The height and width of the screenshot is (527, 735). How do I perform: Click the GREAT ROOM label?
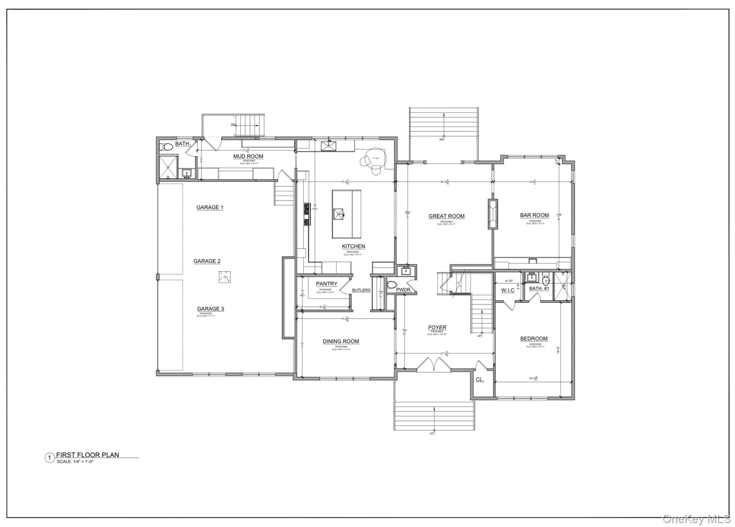(446, 216)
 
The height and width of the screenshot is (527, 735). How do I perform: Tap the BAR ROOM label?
(534, 215)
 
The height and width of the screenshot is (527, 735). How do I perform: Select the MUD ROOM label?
(248, 157)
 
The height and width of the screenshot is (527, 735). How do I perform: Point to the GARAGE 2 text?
(207, 261)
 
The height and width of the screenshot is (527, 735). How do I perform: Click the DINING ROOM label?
(341, 341)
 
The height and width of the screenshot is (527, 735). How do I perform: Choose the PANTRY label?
(326, 284)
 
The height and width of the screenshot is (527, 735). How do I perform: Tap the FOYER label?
(437, 327)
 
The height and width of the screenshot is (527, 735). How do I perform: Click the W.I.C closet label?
(507, 290)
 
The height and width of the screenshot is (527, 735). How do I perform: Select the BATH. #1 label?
(539, 288)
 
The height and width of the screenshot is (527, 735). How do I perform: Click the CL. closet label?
(479, 379)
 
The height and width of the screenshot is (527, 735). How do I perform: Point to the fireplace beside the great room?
(492, 214)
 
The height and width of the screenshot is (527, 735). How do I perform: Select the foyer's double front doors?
(433, 363)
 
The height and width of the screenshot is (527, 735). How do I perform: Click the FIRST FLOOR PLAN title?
(87, 455)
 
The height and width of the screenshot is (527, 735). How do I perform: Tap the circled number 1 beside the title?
(50, 458)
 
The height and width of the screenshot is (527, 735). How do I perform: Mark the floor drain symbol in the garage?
(225, 277)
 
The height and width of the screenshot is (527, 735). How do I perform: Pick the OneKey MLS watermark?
(696, 519)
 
